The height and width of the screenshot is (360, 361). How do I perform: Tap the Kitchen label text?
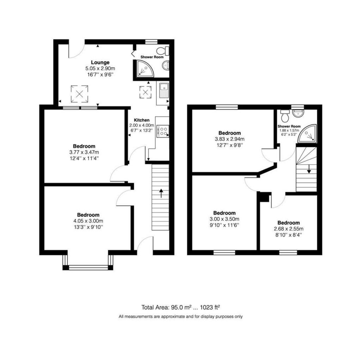(141, 120)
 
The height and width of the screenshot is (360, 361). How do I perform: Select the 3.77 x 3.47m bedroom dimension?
(84, 152)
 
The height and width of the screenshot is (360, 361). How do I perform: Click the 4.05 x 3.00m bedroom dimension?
(88, 221)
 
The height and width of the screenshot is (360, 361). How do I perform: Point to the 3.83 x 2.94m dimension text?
(230, 139)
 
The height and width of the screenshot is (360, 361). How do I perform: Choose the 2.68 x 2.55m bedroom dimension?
(288, 228)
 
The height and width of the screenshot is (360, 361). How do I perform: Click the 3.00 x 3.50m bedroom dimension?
(224, 219)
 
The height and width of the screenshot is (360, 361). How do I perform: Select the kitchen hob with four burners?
(163, 132)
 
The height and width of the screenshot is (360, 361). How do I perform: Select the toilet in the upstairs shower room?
(284, 115)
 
